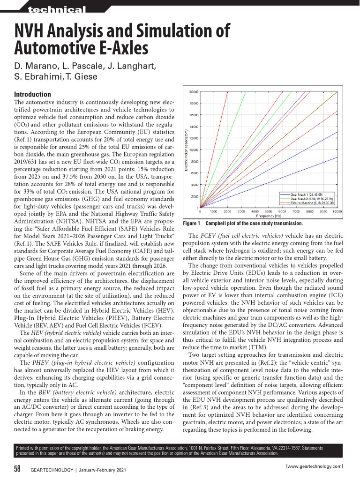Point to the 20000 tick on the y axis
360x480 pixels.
[x=194, y=91]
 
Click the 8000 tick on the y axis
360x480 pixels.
[x=195, y=161]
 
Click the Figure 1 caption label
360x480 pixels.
[x=191, y=224]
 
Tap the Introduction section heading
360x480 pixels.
[x=33, y=94]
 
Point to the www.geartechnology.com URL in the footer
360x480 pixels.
[x=315, y=466]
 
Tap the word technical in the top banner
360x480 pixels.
[x=57, y=10]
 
